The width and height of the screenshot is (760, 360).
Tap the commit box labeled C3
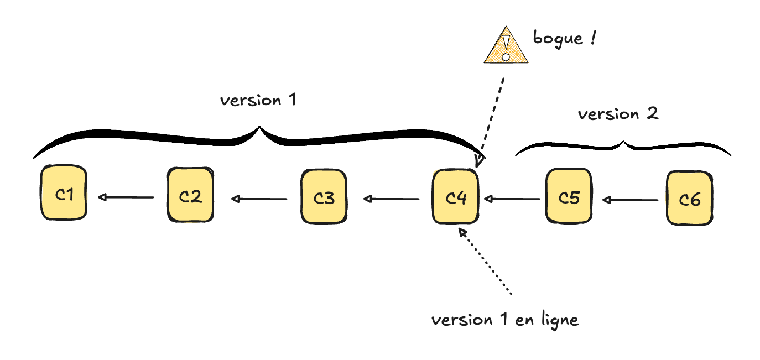click(x=324, y=197)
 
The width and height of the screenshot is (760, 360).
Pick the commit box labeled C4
click(x=455, y=197)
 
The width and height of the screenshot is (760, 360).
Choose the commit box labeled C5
click(x=569, y=196)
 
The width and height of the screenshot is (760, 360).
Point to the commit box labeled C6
click(x=690, y=199)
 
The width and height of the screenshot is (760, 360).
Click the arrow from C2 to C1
click(x=126, y=197)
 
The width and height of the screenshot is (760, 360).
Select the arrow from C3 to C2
click(x=259, y=198)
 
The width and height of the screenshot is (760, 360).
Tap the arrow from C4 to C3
click(x=391, y=198)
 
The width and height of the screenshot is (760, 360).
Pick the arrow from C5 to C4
click(x=512, y=198)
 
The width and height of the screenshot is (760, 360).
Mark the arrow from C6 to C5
click(x=631, y=200)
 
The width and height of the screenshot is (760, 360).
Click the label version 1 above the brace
click(x=258, y=101)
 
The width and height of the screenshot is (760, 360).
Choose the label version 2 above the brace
click(x=618, y=114)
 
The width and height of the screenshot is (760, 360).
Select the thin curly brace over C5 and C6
click(x=623, y=147)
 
